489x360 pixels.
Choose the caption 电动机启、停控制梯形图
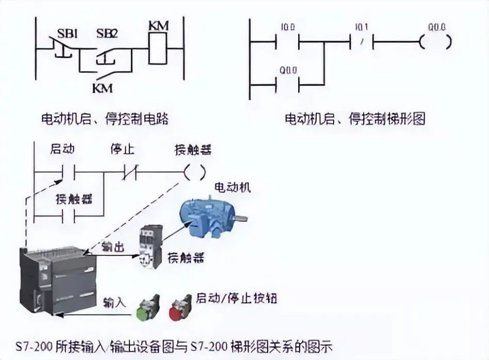(x=355, y=119)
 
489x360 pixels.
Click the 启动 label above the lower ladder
(x=63, y=150)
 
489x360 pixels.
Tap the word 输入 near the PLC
(x=115, y=301)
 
